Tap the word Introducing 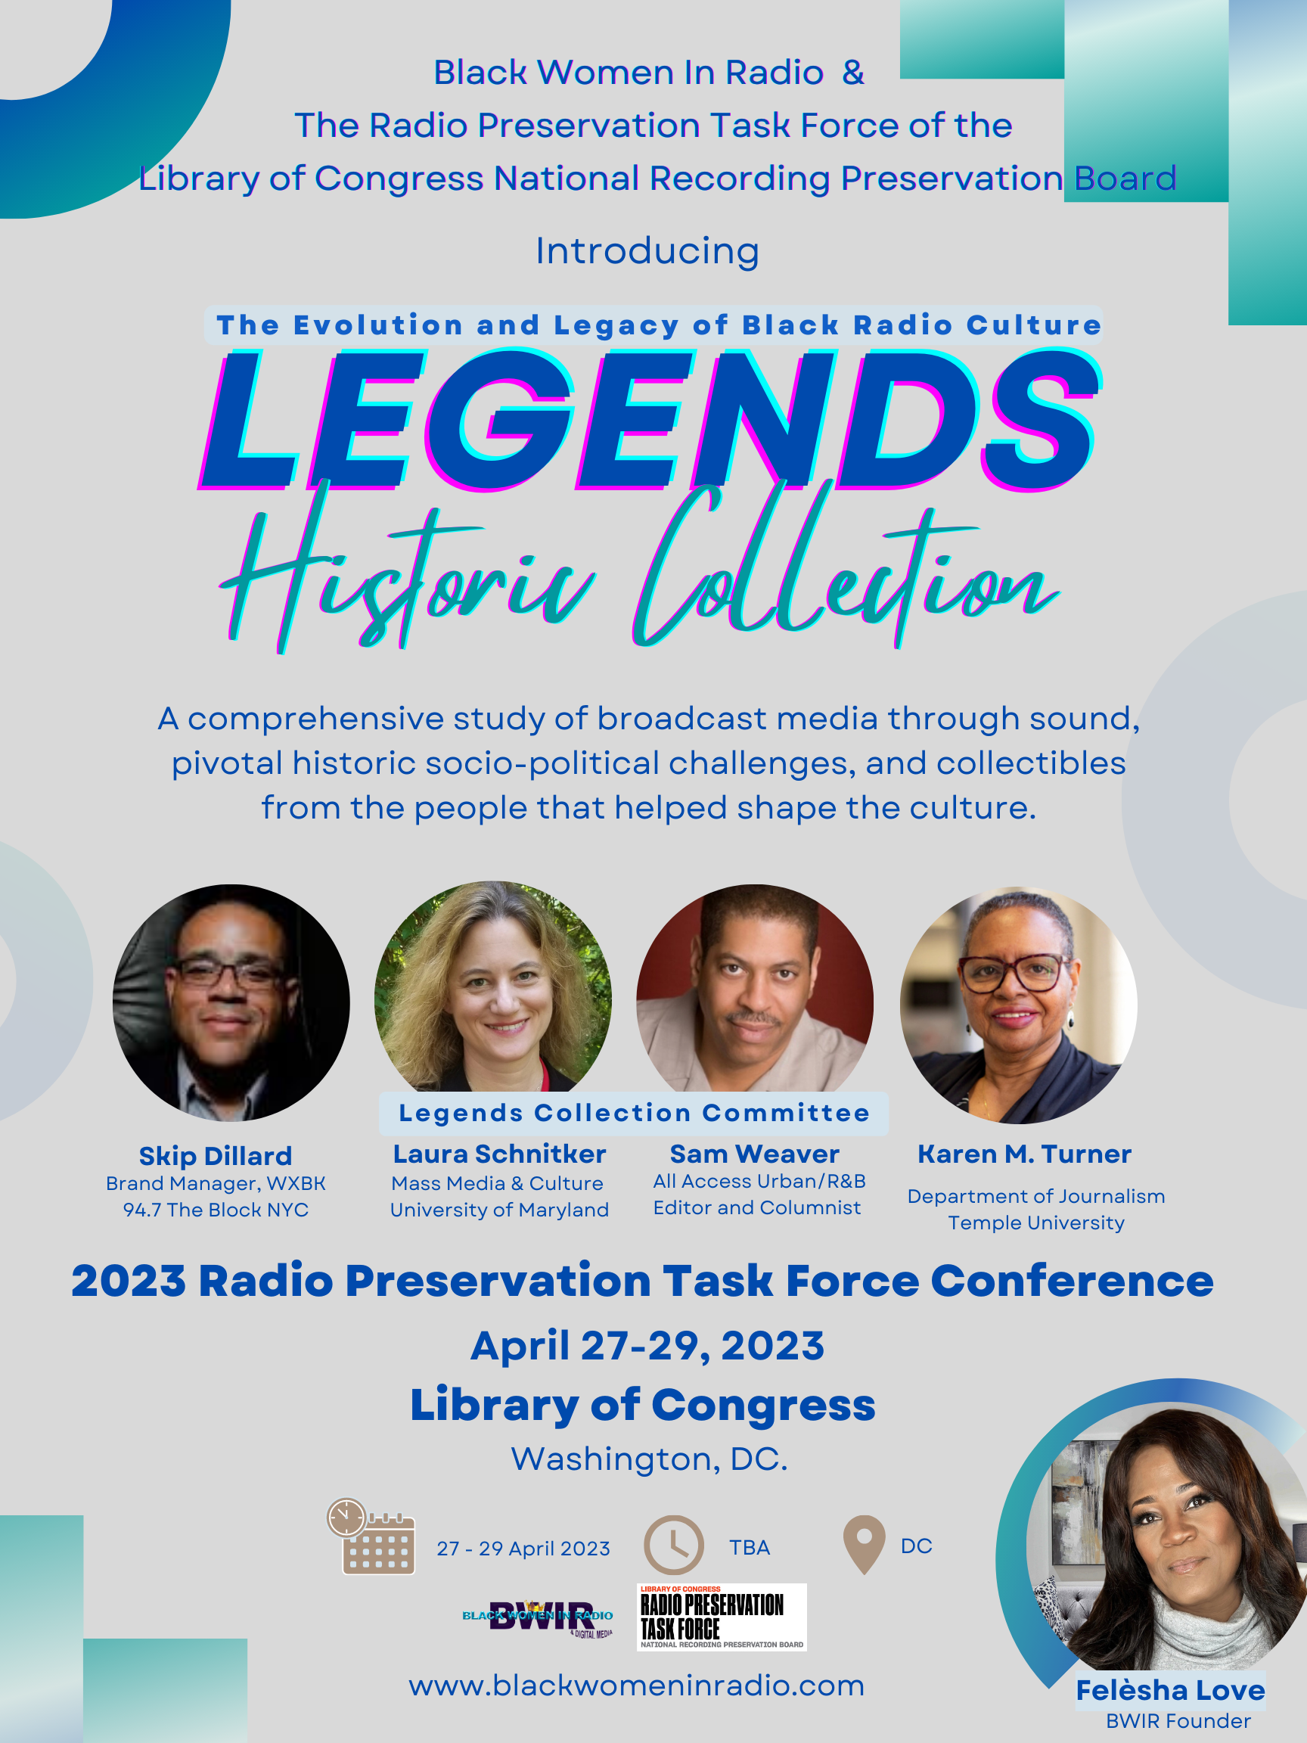647,252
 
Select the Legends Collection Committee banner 633,1114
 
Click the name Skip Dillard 215,1156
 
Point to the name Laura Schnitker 499,1154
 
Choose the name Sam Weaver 755,1154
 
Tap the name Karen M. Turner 1024,1154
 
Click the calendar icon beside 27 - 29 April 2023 371,1536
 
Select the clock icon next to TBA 674,1545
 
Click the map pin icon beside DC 865,1545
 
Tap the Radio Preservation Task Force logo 722,1617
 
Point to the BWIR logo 538,1617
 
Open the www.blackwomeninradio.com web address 637,1686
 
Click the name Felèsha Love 1171,1690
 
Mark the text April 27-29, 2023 647,1346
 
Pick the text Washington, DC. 649,1459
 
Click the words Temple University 1036,1223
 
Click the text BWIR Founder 1178,1722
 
